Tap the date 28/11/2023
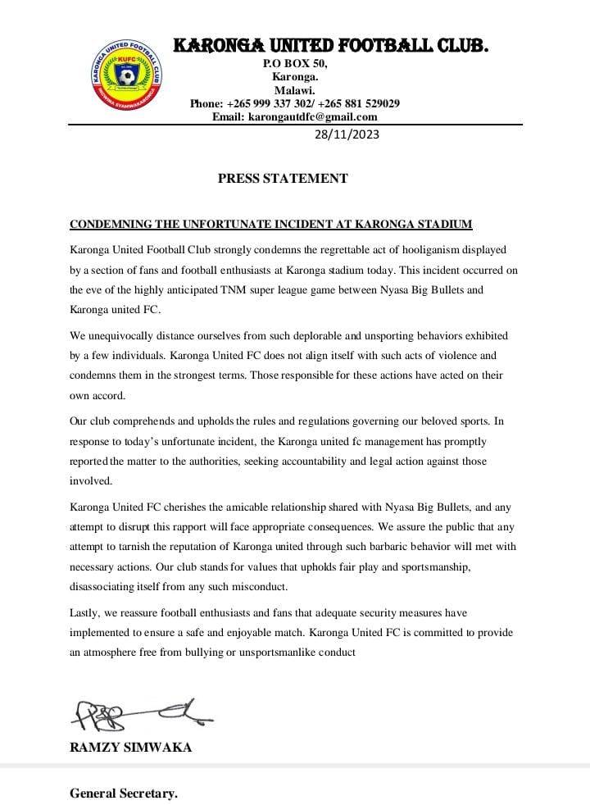tap(347, 134)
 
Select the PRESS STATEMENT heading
tap(283, 179)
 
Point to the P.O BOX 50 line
tap(294, 63)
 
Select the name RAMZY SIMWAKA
tap(131, 747)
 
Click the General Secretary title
tap(124, 793)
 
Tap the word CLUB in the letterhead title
tap(456, 47)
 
